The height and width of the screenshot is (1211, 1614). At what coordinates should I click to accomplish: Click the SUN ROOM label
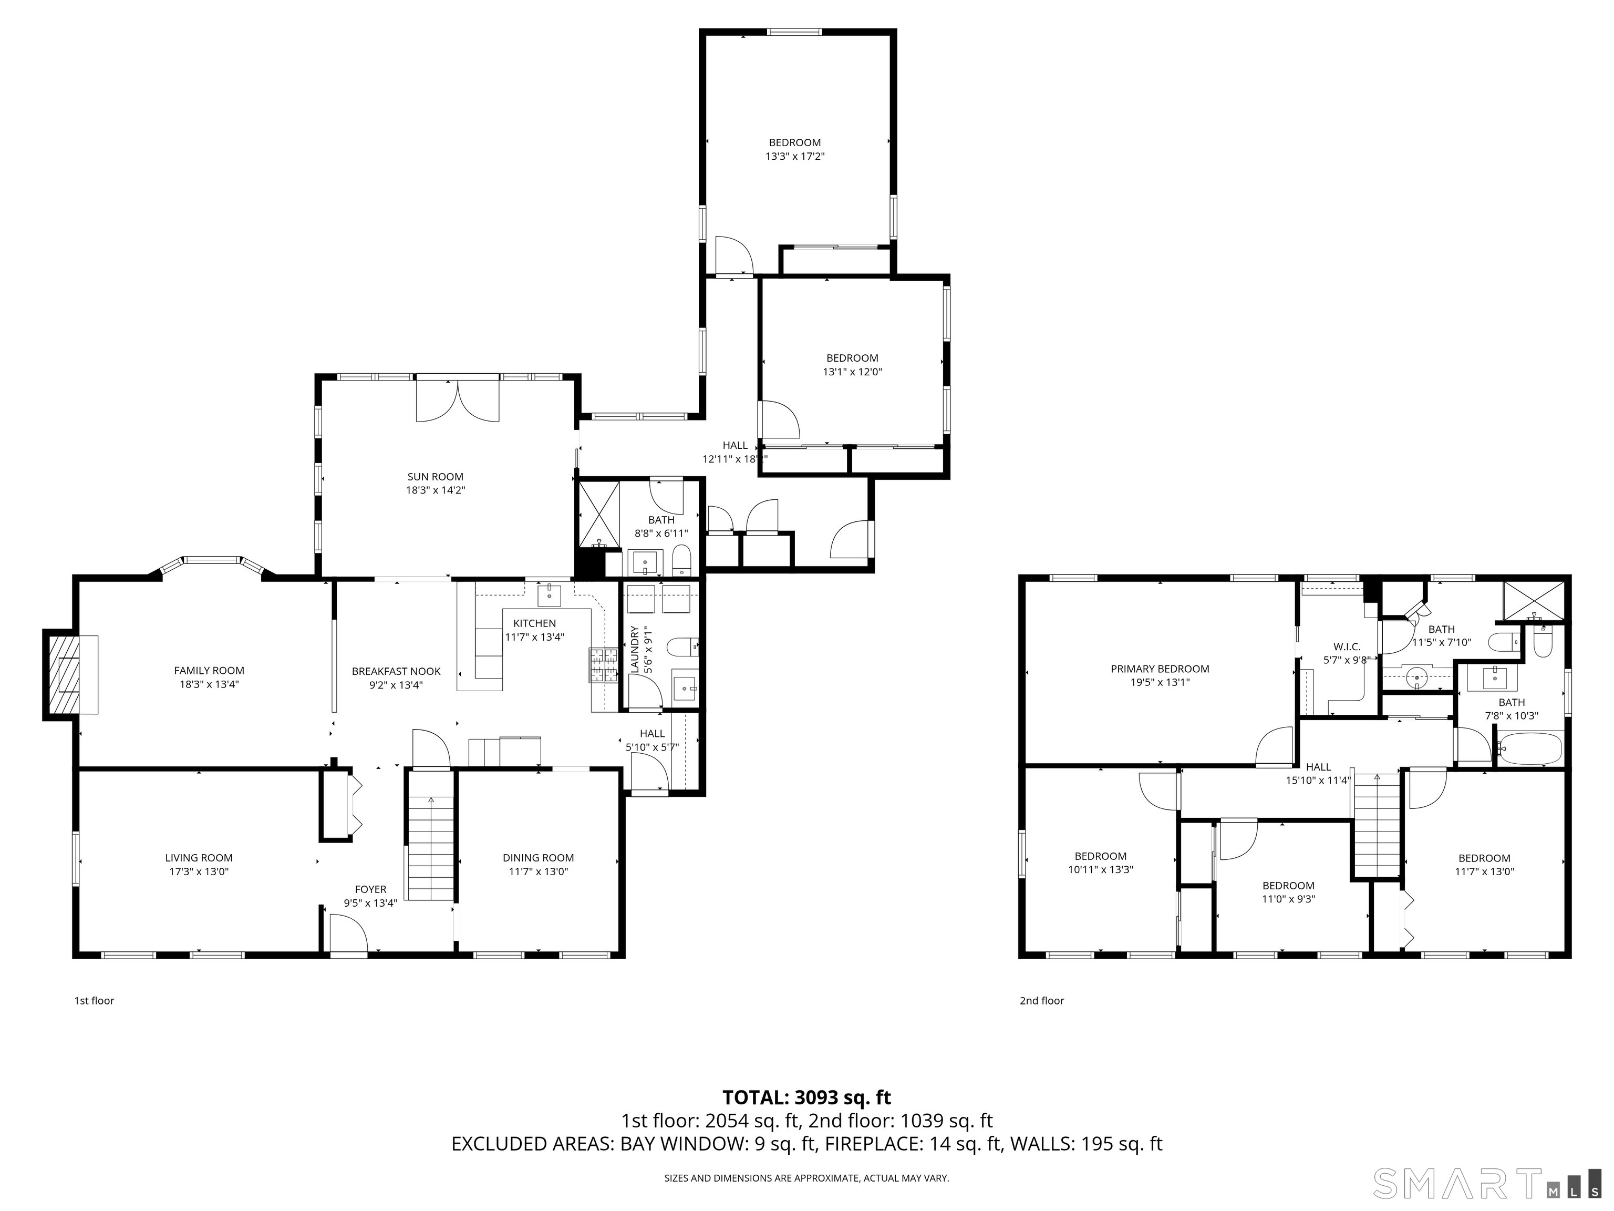[435, 477]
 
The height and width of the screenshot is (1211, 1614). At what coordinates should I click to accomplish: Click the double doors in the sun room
[458, 400]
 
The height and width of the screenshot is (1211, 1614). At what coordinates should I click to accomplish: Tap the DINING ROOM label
[538, 858]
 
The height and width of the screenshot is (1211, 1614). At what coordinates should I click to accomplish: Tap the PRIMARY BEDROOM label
[1160, 669]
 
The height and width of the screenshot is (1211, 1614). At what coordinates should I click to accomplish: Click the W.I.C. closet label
[1346, 646]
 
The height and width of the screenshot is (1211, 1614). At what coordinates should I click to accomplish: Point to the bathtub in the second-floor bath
[1529, 749]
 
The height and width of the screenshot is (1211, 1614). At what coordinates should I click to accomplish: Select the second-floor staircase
[1378, 825]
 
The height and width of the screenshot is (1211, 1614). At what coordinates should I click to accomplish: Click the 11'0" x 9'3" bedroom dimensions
[1289, 899]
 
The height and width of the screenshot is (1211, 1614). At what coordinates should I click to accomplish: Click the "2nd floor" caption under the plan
[1041, 1001]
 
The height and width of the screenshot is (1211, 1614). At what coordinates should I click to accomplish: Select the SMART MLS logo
[1488, 1183]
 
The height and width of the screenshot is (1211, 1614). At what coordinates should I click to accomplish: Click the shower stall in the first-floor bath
[598, 514]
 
